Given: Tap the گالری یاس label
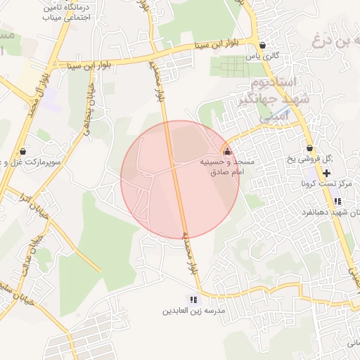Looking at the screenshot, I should click(262, 55).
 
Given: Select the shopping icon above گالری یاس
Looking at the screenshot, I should click(262, 44).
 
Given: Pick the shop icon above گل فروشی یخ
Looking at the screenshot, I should click(309, 148).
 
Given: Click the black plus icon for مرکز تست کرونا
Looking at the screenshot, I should click(327, 173).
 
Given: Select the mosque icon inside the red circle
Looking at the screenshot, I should click(226, 150).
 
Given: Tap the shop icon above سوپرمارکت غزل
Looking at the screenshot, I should click(23, 150).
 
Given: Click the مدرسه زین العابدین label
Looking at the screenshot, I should click(193, 310).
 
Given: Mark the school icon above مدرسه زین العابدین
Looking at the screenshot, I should click(193, 300).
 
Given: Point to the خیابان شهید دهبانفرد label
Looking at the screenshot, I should click(330, 212).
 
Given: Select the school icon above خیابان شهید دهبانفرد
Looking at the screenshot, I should click(337, 201).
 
